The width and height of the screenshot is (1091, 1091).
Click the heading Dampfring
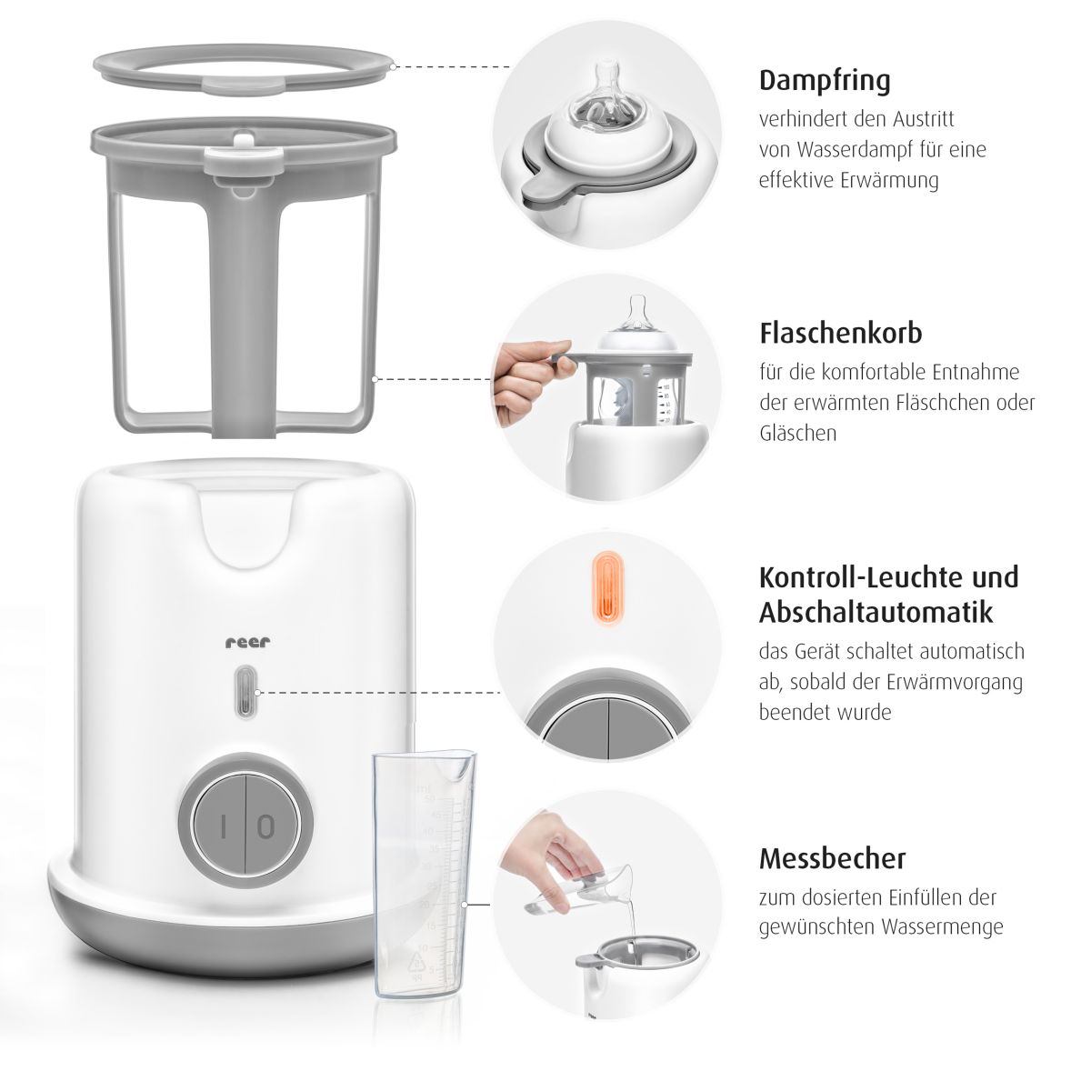(x=825, y=81)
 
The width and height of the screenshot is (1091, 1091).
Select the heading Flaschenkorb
(x=841, y=333)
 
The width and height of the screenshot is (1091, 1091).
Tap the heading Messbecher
(x=832, y=858)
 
